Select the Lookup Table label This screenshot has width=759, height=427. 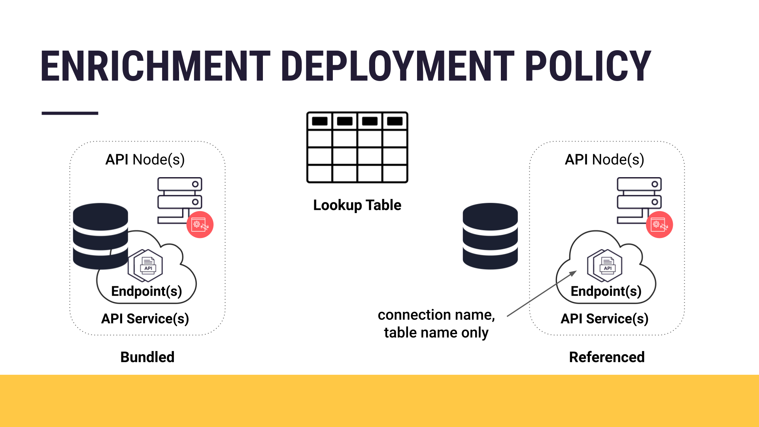coord(357,205)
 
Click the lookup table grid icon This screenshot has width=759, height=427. coord(357,147)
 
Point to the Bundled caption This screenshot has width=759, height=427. coord(147,357)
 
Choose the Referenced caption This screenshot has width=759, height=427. coord(606,357)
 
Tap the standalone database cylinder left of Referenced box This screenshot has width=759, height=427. coord(490,236)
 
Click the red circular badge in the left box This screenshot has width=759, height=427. coord(200,225)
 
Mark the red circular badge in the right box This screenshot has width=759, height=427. coord(659,225)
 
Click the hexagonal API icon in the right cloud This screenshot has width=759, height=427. coord(605,265)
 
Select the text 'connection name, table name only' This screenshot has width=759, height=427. coord(436,324)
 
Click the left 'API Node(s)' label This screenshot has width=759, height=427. coord(145,160)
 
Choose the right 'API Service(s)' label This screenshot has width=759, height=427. coord(604,319)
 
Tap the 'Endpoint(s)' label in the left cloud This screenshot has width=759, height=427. coord(147,291)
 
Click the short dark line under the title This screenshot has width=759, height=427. coord(70,113)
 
